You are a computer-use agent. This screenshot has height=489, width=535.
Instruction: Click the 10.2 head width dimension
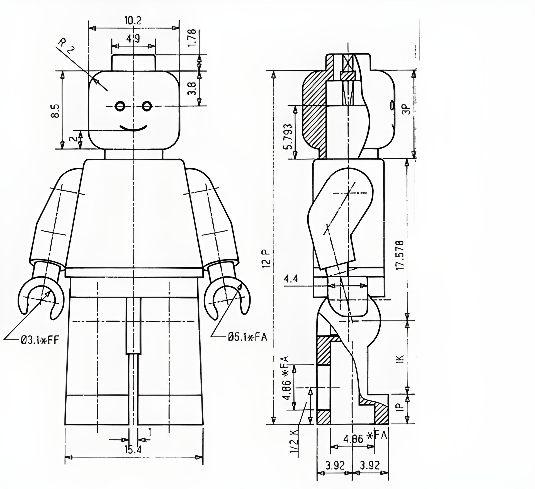[133, 20]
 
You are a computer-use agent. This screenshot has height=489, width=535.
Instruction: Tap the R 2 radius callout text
[67, 47]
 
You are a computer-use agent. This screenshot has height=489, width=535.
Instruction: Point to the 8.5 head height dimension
[55, 111]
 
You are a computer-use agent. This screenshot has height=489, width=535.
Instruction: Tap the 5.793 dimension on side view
[288, 136]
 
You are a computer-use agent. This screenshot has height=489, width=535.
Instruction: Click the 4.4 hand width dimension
[291, 278]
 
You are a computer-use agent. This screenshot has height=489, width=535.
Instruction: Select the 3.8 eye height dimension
[193, 88]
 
